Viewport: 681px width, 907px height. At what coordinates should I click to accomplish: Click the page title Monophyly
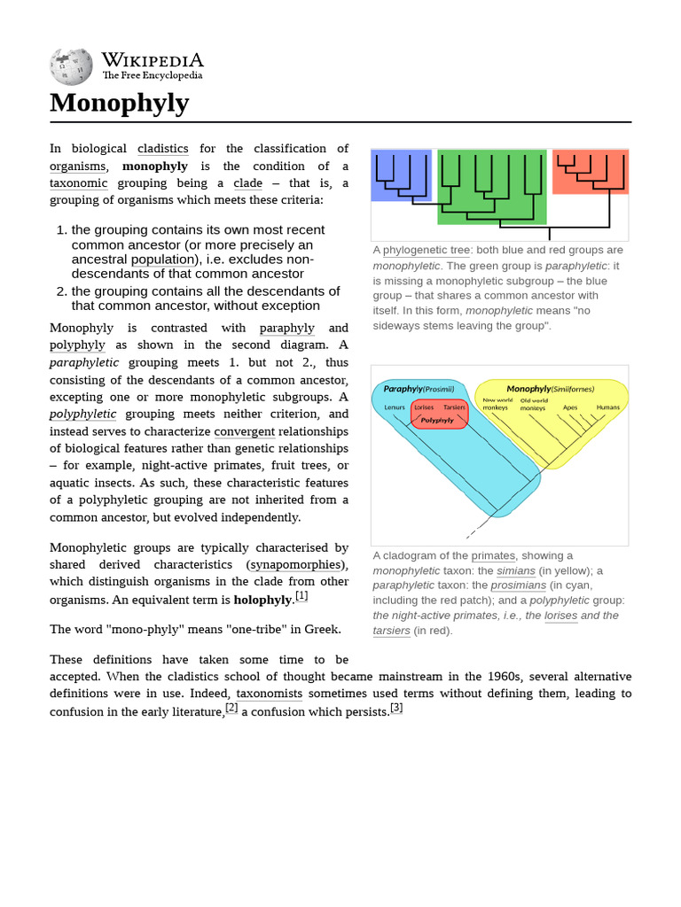pos(120,104)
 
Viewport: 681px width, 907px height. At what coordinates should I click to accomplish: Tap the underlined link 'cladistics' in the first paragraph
pos(163,149)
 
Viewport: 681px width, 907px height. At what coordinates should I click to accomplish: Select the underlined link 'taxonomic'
pos(79,183)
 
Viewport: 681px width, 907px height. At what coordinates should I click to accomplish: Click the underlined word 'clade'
pos(248,183)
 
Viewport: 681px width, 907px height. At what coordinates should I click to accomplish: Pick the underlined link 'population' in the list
pos(163,260)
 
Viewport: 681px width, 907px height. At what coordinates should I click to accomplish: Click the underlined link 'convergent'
pos(245,431)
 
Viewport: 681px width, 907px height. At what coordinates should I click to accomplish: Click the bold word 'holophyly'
pos(262,600)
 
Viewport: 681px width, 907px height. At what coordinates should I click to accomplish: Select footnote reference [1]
pos(301,596)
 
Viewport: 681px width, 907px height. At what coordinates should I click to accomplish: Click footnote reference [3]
pos(396,708)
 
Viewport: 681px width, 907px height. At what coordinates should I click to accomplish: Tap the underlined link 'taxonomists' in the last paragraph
pos(270,694)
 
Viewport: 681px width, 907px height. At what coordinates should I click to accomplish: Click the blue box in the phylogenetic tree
pos(401,175)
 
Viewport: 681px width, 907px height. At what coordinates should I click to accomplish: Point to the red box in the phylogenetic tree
pos(590,172)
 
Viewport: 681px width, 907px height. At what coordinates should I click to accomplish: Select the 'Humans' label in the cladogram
pos(607,407)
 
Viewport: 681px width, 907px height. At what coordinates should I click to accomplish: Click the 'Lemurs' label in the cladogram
pos(395,407)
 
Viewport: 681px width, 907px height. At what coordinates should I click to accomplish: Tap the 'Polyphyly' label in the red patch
pos(437,420)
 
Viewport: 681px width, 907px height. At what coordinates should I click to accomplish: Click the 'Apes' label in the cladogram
pos(570,407)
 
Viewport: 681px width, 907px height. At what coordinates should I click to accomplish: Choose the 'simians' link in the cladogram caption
pos(516,570)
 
